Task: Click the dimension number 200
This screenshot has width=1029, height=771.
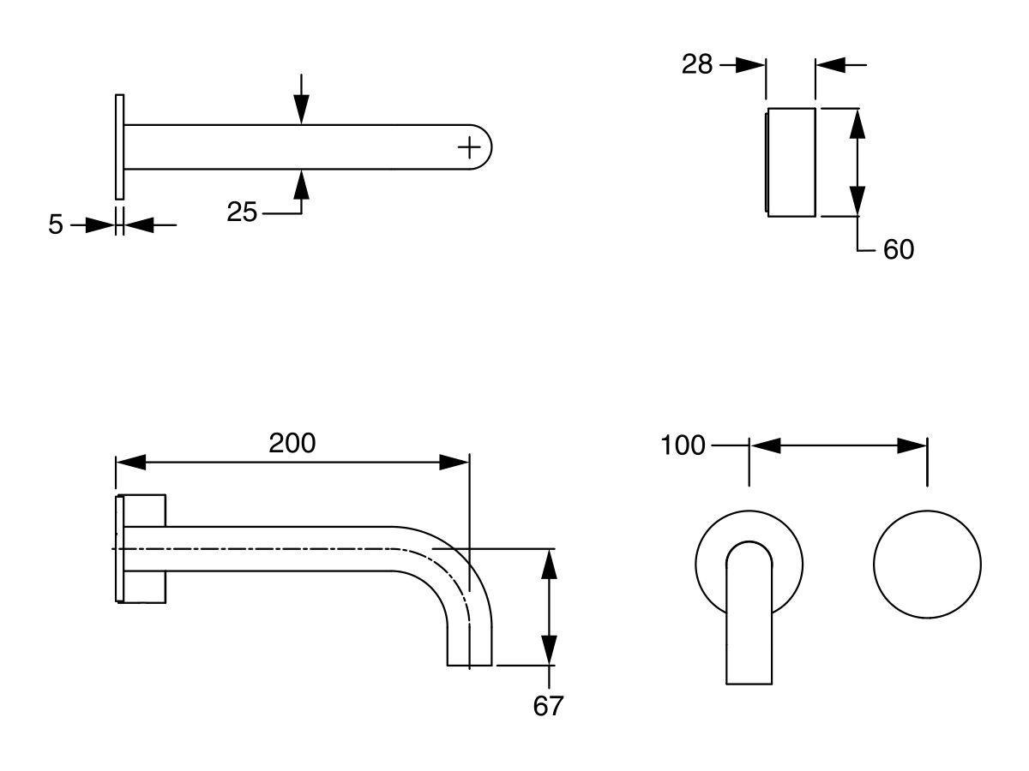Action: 292,444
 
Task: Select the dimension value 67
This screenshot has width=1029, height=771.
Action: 548,706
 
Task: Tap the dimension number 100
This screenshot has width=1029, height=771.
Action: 683,445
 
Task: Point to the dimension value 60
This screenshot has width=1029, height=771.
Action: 898,249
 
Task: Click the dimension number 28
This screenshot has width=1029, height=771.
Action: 697,64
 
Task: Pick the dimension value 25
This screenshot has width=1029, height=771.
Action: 242,212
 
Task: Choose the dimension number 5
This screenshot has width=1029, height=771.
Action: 56,225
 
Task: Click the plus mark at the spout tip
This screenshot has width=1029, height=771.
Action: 469,147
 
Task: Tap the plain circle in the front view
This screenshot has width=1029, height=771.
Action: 927,565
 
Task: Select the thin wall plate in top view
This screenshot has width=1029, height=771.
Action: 119,146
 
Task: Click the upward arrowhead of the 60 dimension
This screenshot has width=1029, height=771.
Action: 857,124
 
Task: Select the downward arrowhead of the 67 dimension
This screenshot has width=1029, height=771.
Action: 550,648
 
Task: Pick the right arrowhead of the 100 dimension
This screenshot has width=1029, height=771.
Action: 912,445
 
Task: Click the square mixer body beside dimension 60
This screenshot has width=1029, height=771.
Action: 791,163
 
